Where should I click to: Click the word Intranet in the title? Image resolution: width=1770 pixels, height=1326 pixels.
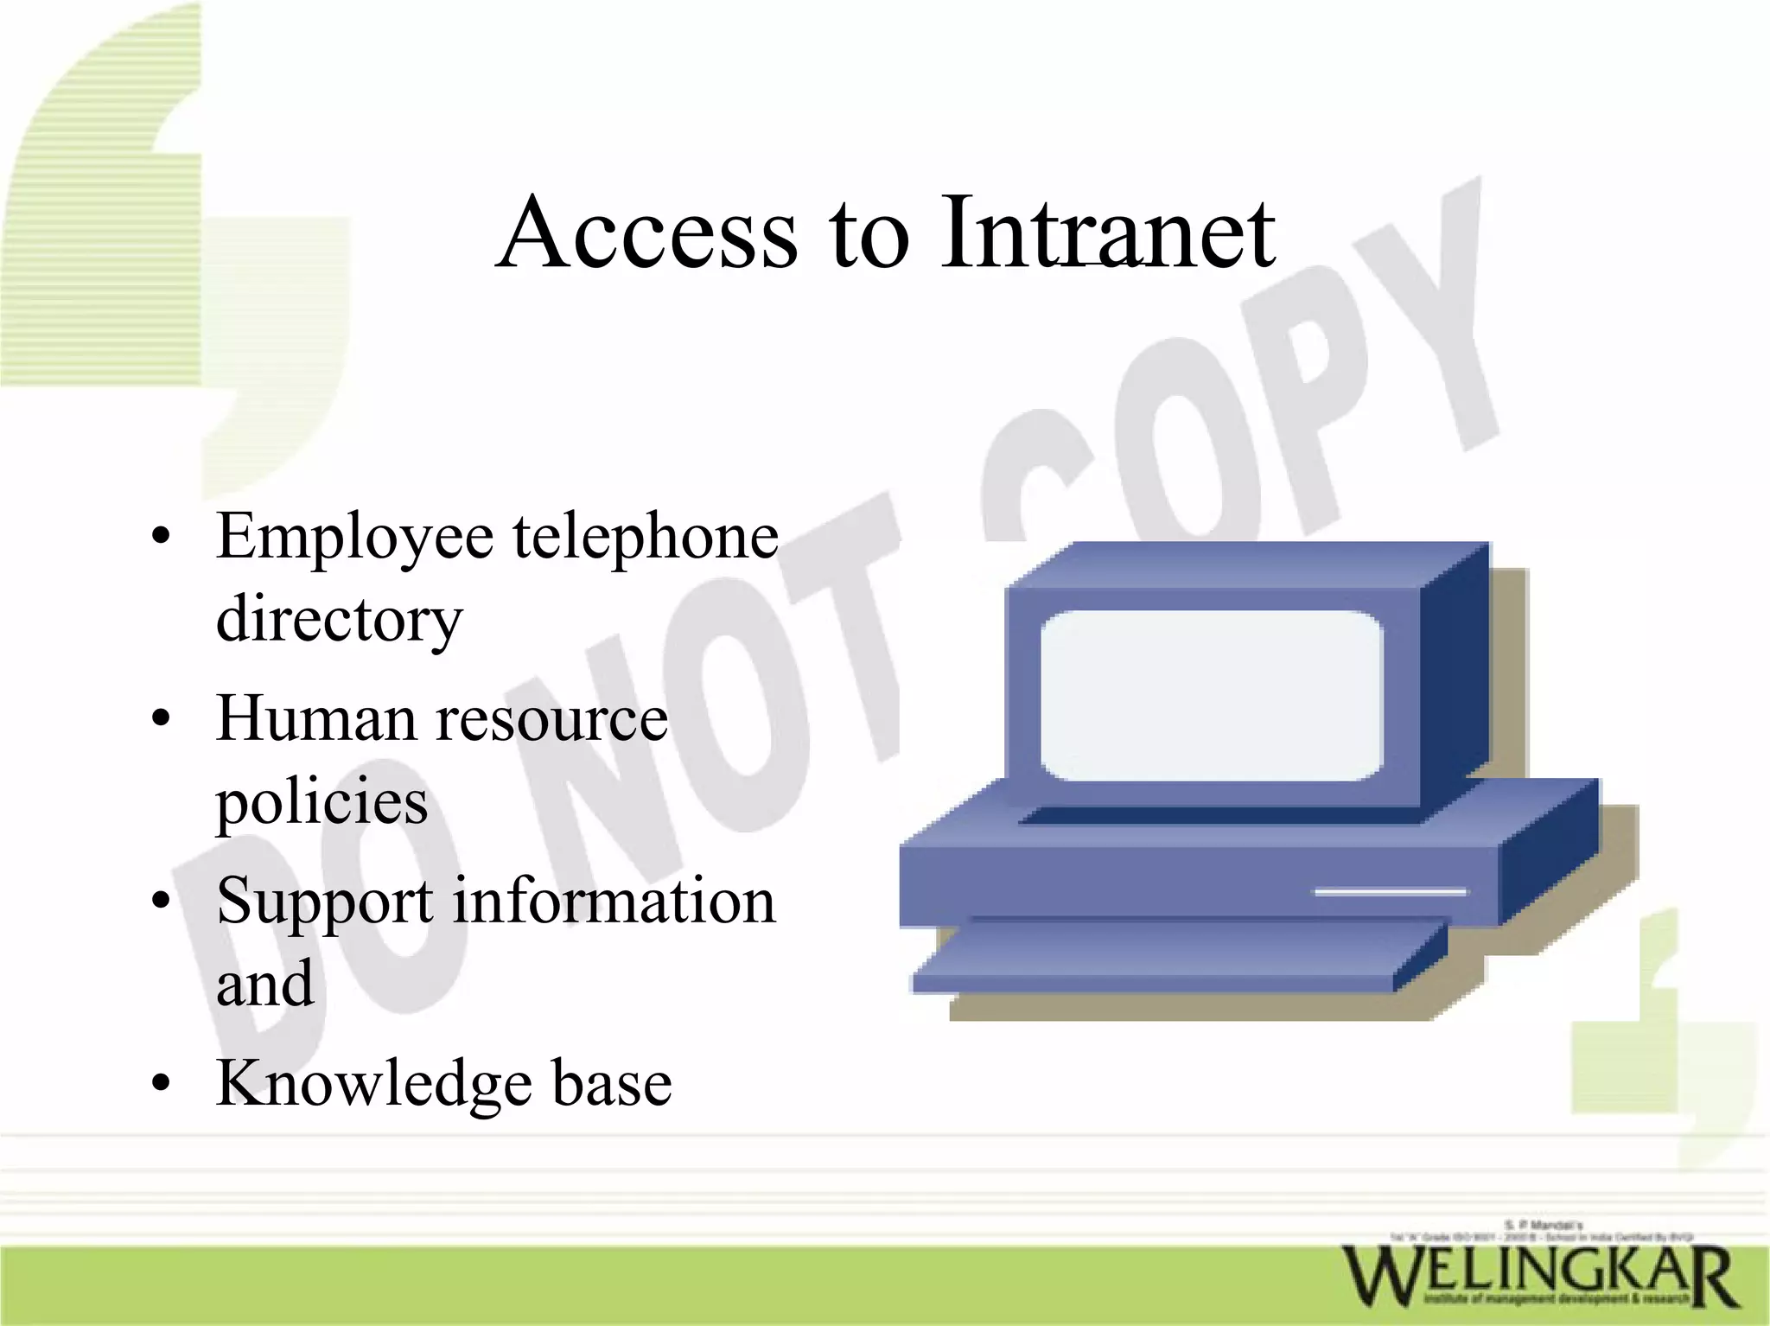click(1108, 232)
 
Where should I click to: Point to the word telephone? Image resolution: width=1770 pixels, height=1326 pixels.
click(646, 536)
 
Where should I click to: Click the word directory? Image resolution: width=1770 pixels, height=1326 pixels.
click(339, 621)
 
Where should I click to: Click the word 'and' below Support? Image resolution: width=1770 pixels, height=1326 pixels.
click(264, 984)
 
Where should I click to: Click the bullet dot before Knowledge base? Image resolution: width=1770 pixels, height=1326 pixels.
click(160, 1083)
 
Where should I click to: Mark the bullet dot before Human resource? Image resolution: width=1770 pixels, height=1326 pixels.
click(160, 719)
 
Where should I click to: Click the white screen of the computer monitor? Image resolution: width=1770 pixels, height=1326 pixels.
click(1211, 696)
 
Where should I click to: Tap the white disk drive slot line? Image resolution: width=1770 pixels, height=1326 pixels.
click(1390, 891)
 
